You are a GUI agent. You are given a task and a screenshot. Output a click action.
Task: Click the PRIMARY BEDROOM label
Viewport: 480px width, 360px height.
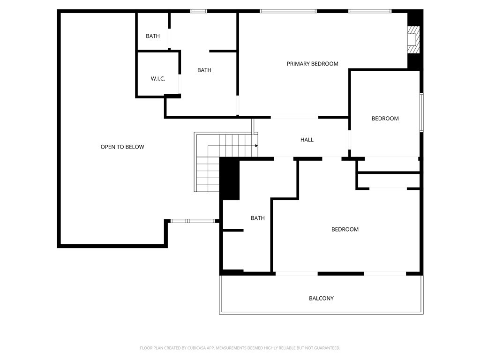tap(312, 64)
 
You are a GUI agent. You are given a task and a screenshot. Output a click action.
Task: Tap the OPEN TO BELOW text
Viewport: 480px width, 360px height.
tap(122, 147)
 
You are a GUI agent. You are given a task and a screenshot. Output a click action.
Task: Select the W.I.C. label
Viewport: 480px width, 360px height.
tap(158, 79)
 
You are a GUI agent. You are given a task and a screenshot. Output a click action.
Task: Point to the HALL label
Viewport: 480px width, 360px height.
tap(307, 140)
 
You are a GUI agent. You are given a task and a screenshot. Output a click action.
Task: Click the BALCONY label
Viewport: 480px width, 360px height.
tap(321, 298)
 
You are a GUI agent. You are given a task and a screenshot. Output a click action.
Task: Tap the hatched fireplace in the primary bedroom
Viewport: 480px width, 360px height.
tap(413, 40)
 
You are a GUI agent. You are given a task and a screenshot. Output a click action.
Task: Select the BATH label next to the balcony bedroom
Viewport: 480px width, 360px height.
tap(257, 218)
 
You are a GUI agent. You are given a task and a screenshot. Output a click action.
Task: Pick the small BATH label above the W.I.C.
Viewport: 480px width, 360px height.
tap(153, 36)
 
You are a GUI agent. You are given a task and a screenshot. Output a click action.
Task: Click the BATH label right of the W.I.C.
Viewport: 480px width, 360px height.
tap(204, 70)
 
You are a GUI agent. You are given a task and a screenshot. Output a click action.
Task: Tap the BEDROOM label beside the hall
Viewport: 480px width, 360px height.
tap(385, 119)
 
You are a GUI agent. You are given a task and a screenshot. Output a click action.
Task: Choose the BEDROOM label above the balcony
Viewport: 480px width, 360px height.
tap(345, 229)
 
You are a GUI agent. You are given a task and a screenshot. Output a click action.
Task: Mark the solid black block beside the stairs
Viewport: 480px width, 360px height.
tap(230, 179)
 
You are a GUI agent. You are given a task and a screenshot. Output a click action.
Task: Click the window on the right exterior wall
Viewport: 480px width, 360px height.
tap(421, 112)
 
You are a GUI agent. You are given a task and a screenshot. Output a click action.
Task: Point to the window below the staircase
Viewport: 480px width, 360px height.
tap(193, 221)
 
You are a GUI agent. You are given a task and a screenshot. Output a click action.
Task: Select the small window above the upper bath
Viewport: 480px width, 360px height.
tap(199, 11)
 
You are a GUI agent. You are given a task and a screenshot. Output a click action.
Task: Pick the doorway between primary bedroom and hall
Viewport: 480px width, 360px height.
tap(294, 117)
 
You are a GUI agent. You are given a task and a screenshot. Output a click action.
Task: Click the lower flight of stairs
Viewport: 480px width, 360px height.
tap(208, 174)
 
